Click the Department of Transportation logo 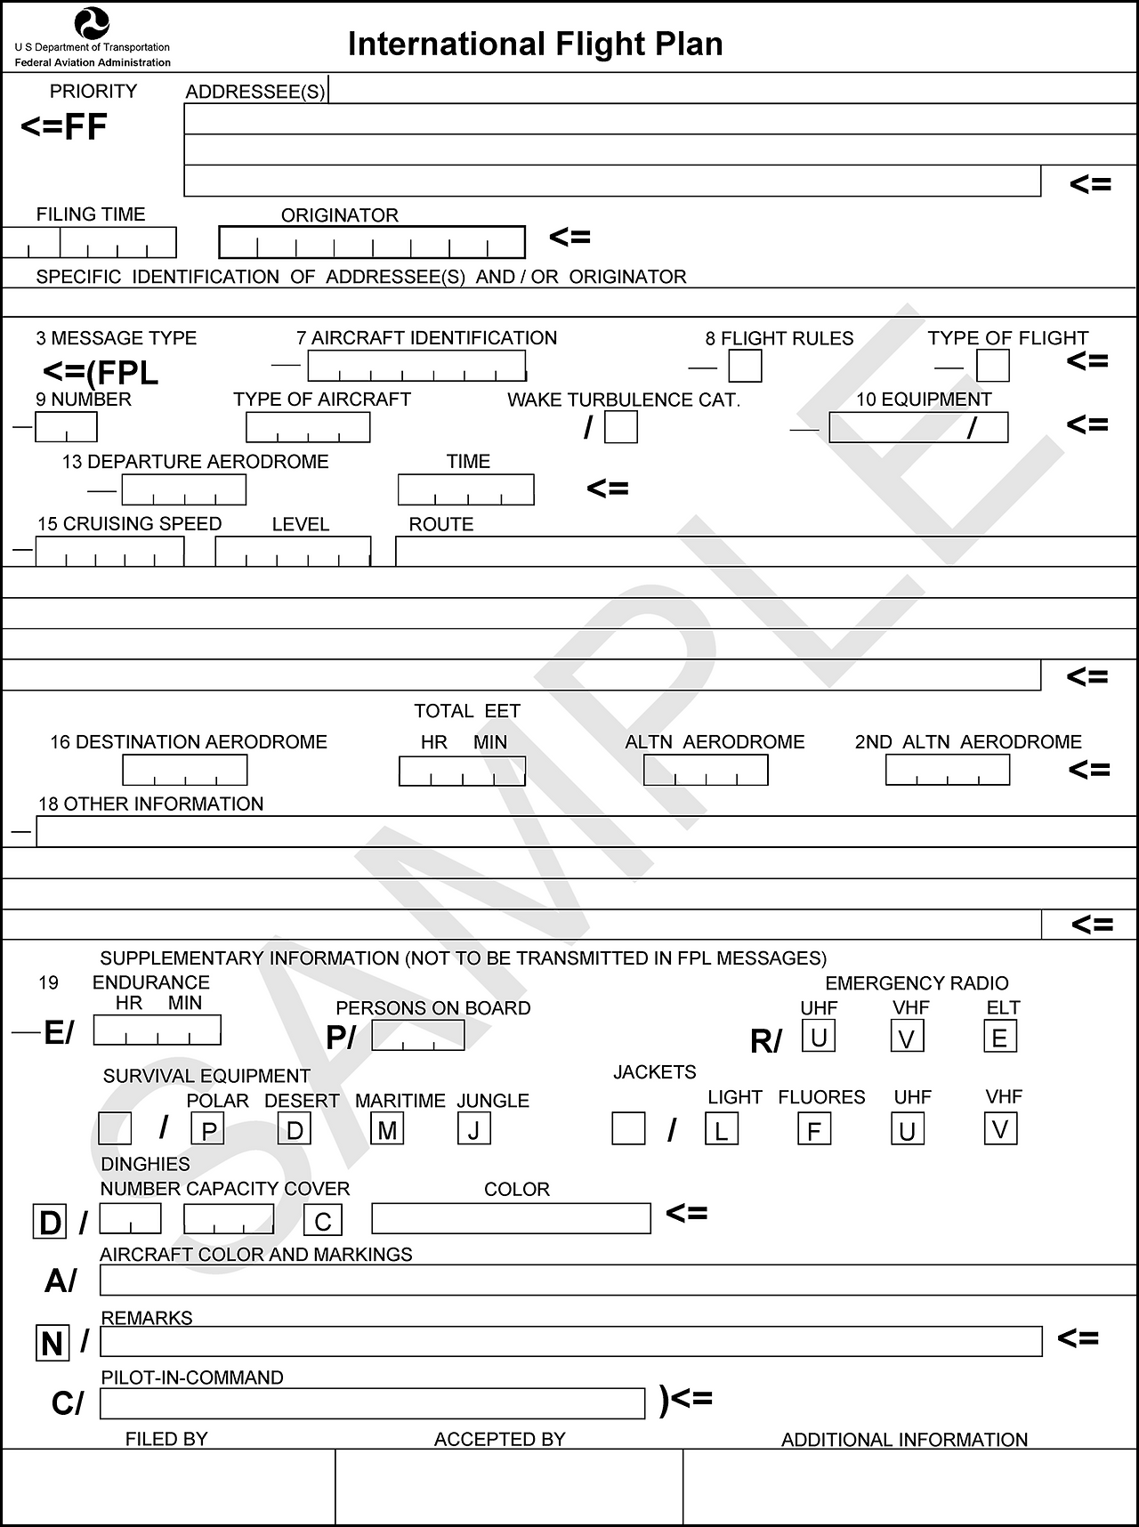coord(92,22)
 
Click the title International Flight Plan coord(535,44)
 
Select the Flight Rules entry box coord(745,366)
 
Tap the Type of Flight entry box coord(992,366)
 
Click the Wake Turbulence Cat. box coord(620,427)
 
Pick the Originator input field coord(372,242)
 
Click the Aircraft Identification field coord(416,365)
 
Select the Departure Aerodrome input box coord(183,489)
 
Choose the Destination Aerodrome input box coord(184,770)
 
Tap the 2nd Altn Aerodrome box coord(947,770)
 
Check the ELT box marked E coord(999,1037)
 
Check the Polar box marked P coord(208,1129)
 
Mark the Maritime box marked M coord(387,1129)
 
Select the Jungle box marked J coord(473,1129)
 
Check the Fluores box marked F coord(813,1129)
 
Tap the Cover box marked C coord(322,1220)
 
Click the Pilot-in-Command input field coord(372,1403)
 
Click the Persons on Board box coord(417,1035)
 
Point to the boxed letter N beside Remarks coord(53,1342)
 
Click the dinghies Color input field coord(511,1218)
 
